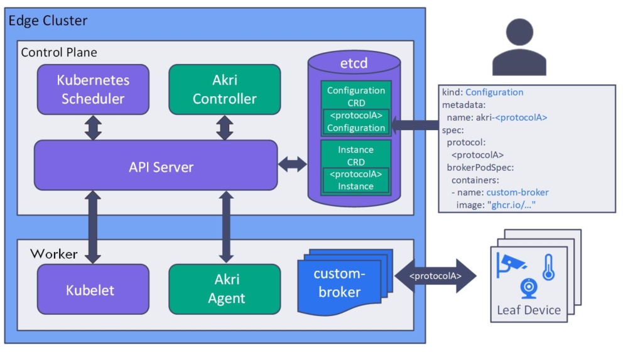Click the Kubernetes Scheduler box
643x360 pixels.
point(93,89)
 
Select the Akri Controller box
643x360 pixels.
point(224,89)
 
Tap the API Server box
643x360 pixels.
point(156,166)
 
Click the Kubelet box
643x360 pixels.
point(93,290)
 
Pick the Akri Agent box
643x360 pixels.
point(224,289)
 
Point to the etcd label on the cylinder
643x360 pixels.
point(354,63)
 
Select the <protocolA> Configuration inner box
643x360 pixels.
point(355,122)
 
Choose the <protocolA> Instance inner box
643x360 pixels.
point(355,180)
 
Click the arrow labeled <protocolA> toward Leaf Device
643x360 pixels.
point(435,276)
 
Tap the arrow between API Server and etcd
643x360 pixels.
point(293,165)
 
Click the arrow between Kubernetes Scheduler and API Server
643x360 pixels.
point(93,128)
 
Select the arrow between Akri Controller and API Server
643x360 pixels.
point(224,128)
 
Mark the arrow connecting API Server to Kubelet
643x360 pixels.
point(93,227)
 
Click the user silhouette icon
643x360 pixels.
point(519,48)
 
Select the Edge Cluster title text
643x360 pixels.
point(48,20)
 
